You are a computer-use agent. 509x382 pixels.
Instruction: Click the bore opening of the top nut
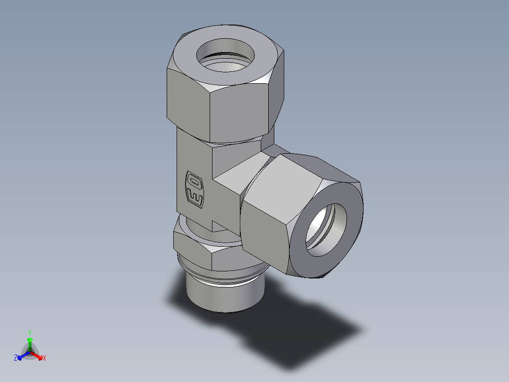(225, 56)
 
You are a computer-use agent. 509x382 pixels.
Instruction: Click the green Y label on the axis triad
(30, 332)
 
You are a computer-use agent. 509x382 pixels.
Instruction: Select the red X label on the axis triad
(44, 358)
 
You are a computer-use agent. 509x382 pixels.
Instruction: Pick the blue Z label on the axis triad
(16, 358)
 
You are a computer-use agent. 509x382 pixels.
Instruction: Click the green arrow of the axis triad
(30, 342)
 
